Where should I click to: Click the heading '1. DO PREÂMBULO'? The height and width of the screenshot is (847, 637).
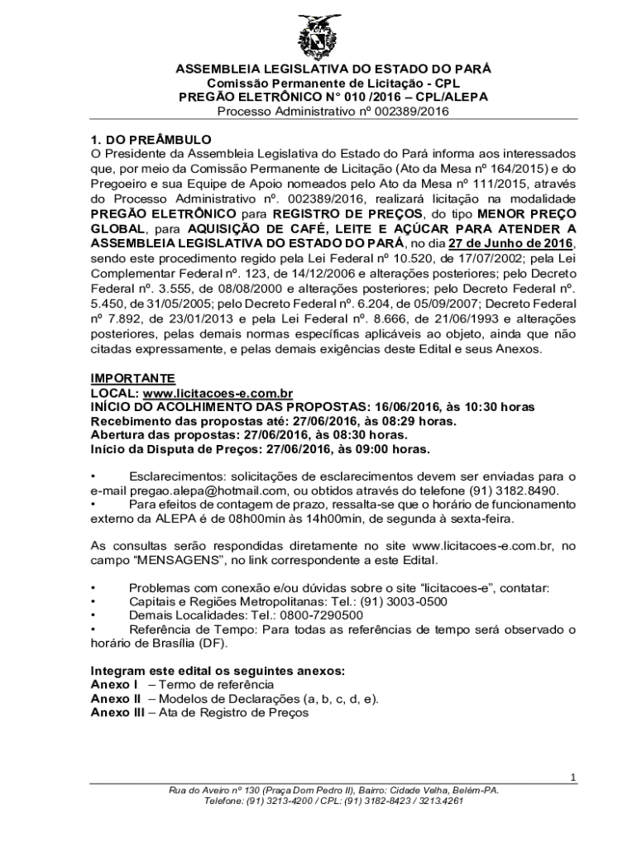click(x=151, y=139)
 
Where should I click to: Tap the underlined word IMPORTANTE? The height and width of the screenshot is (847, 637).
click(x=132, y=378)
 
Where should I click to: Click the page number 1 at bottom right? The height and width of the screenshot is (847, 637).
click(x=572, y=778)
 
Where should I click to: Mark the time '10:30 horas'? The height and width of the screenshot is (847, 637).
click(x=500, y=407)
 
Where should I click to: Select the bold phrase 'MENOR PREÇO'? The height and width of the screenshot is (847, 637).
click(x=533, y=213)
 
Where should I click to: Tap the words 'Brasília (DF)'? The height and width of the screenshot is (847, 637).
click(x=179, y=643)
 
